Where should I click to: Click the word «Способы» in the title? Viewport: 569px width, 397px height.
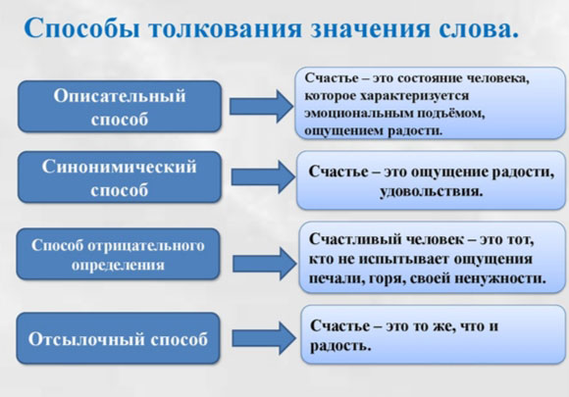(82, 28)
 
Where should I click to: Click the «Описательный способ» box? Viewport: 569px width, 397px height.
(120, 107)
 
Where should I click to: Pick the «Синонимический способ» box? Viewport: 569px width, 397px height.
(120, 176)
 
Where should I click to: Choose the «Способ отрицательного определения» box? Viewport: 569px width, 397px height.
(119, 254)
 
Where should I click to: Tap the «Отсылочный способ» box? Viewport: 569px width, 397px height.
(119, 338)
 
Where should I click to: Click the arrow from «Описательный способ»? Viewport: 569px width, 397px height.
(261, 106)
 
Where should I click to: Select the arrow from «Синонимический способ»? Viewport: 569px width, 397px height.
(264, 176)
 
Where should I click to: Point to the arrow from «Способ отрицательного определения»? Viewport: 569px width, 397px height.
(265, 264)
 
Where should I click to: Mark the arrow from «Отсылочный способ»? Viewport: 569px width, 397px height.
(264, 338)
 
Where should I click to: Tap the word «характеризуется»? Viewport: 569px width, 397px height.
(414, 96)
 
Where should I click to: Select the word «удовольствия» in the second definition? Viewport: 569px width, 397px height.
(432, 191)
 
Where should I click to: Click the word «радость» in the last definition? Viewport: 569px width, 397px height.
(340, 346)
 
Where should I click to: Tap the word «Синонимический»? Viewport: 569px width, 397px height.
(119, 167)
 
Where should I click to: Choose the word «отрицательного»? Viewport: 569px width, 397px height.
(146, 246)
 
